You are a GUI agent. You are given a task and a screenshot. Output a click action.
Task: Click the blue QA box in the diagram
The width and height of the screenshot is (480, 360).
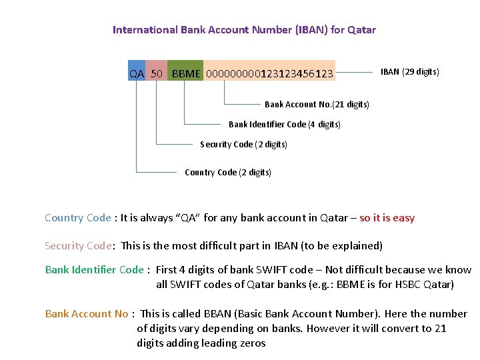click(x=136, y=73)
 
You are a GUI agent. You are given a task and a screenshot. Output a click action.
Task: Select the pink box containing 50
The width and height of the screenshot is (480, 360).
click(x=157, y=73)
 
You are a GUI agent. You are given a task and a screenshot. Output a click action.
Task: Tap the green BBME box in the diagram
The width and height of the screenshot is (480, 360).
click(x=185, y=73)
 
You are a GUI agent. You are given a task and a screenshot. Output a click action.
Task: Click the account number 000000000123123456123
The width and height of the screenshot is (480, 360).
click(x=269, y=73)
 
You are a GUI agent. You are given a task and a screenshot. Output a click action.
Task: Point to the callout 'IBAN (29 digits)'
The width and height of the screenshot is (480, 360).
click(x=409, y=72)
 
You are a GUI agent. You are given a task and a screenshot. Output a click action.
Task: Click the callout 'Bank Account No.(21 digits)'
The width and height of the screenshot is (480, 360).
click(x=317, y=104)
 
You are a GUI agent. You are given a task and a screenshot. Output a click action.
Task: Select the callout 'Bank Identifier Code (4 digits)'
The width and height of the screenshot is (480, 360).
click(x=284, y=124)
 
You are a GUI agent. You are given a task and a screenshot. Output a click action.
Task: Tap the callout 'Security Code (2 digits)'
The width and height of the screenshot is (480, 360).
click(x=243, y=144)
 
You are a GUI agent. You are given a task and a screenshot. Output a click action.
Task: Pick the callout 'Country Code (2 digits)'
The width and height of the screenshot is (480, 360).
click(x=227, y=172)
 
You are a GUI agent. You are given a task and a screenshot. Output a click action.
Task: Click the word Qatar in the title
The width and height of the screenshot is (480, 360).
click(x=361, y=29)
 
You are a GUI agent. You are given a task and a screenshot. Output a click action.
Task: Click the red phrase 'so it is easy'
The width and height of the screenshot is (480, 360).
click(x=387, y=218)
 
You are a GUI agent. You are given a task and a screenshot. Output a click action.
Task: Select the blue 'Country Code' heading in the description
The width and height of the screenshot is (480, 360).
click(x=77, y=218)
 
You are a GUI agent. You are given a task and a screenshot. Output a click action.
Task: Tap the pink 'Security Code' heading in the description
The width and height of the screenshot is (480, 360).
click(x=78, y=246)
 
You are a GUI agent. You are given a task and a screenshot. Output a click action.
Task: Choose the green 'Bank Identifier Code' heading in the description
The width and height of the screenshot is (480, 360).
click(x=94, y=270)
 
